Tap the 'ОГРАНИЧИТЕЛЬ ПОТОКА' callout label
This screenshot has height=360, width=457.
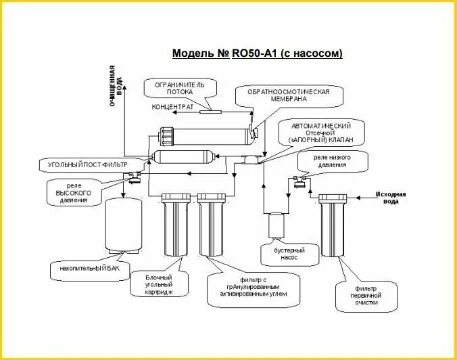point(180,89)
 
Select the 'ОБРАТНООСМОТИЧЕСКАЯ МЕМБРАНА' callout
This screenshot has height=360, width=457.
point(289,95)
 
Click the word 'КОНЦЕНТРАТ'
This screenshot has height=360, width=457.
point(172,107)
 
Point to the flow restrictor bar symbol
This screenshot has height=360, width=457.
point(210,112)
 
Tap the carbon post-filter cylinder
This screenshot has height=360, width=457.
point(185,157)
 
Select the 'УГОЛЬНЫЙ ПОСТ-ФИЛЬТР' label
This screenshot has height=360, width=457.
point(88,165)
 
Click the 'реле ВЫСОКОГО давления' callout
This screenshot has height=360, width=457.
point(74,193)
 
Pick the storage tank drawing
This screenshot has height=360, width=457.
point(124,225)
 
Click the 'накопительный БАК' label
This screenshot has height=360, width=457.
point(89,268)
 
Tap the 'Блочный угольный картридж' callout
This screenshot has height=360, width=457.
point(159,285)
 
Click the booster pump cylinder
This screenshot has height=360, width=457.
point(276,225)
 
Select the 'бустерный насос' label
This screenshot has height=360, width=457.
point(289,254)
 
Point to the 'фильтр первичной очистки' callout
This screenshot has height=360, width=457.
point(366,296)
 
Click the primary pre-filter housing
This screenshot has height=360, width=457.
point(333,225)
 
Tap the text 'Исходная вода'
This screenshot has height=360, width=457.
point(391,198)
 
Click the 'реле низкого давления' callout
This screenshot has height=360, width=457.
point(332,161)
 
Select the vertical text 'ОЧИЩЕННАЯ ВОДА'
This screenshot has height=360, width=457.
point(116,85)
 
